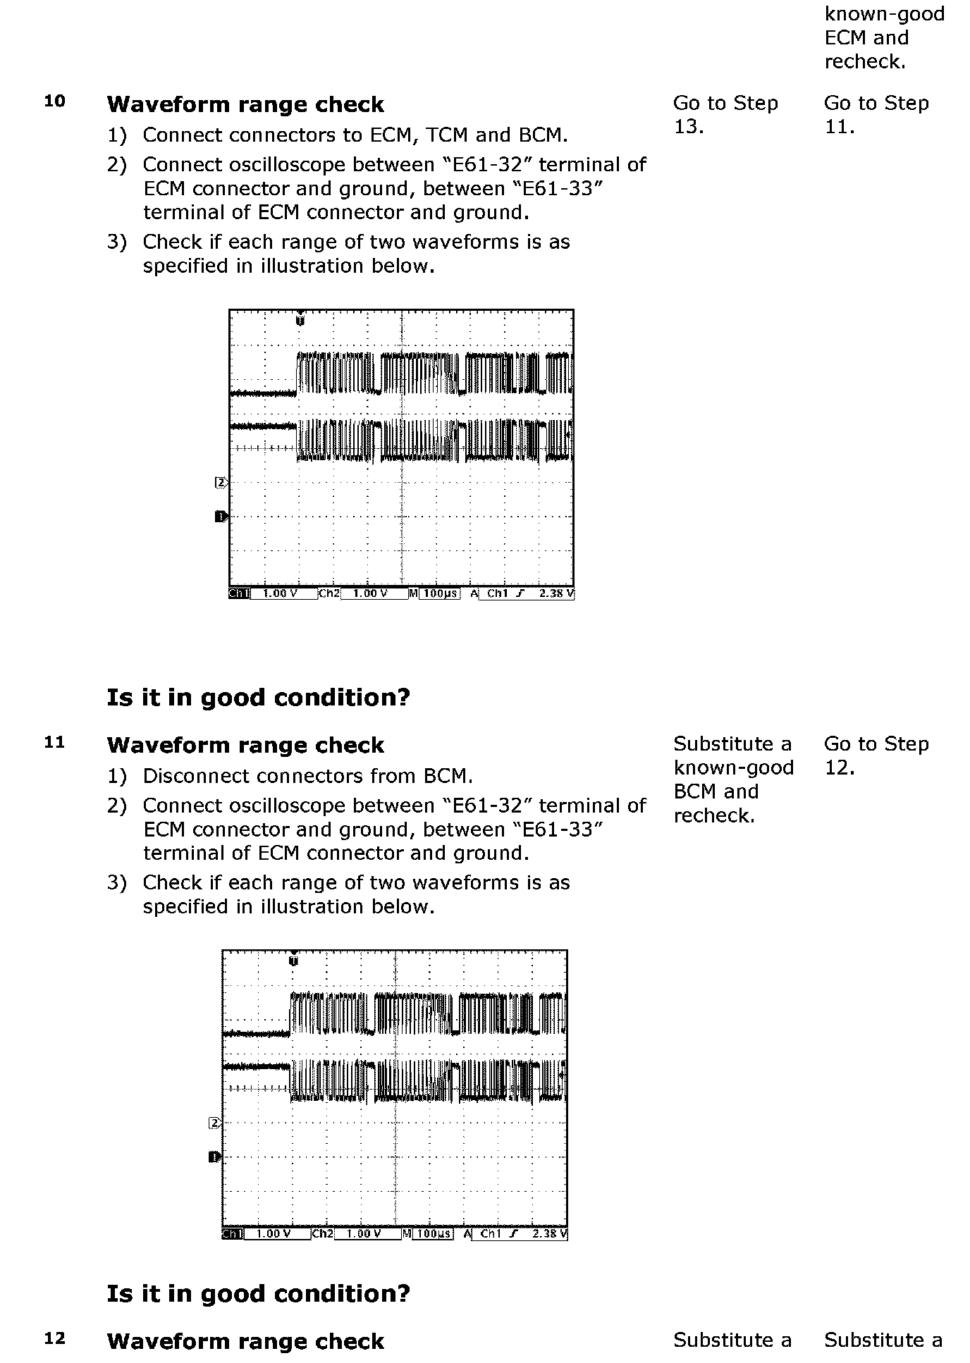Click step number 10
pyautogui.click(x=54, y=101)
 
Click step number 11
pyautogui.click(x=54, y=742)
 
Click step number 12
pyautogui.click(x=54, y=1338)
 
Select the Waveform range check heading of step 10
pyautogui.click(x=245, y=104)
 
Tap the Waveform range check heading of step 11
pyautogui.click(x=245, y=745)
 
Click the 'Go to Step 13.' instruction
pyautogui.click(x=725, y=114)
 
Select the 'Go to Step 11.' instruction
pyautogui.click(x=876, y=114)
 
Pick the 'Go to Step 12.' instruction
pyautogui.click(x=876, y=755)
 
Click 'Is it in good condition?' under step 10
pyautogui.click(x=258, y=697)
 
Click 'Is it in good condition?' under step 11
pyautogui.click(x=258, y=1293)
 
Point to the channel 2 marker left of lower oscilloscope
pyautogui.click(x=214, y=1123)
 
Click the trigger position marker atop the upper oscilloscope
pyautogui.click(x=300, y=319)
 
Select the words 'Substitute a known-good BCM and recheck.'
pyautogui.click(x=733, y=779)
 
